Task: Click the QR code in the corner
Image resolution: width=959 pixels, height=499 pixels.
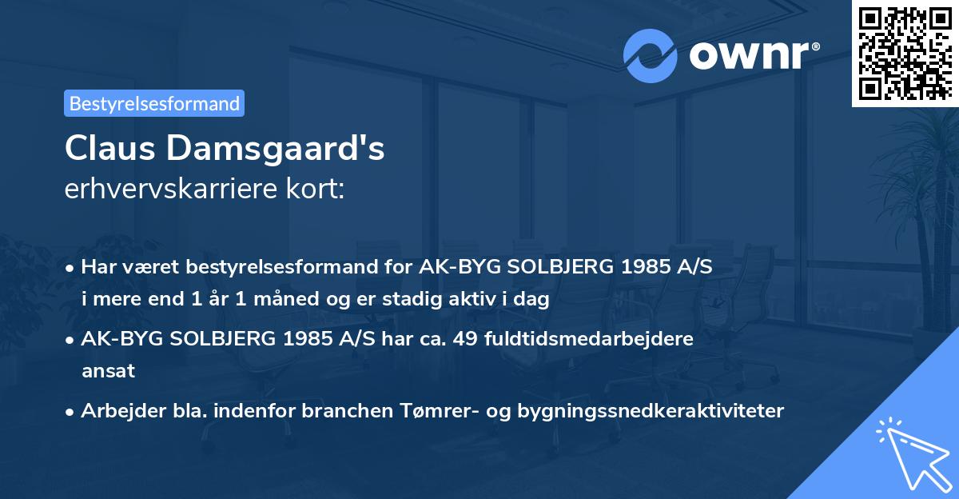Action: tap(905, 54)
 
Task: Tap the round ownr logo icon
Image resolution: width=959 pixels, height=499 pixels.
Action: tap(651, 56)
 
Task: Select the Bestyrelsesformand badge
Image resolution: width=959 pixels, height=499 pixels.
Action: tap(154, 103)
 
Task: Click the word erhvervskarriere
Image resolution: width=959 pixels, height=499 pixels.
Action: tap(174, 190)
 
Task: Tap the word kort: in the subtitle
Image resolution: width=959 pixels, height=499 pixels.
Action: tap(317, 190)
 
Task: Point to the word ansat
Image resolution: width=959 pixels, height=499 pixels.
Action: tap(108, 371)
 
